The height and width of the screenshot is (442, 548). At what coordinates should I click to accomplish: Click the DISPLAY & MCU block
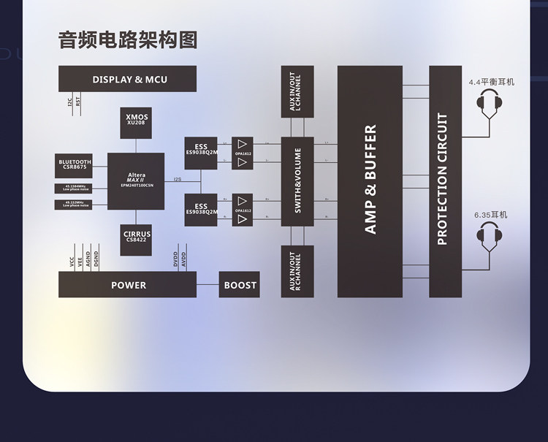pos(127,79)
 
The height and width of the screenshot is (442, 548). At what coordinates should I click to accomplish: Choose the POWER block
pos(127,285)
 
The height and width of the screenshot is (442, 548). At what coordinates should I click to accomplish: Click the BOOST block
pos(240,285)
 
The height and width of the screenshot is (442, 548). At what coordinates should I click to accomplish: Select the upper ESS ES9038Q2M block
pos(201,151)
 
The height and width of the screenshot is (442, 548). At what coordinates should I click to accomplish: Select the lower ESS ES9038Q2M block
pos(201,210)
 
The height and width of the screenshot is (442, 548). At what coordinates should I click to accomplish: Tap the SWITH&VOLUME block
pos(297,181)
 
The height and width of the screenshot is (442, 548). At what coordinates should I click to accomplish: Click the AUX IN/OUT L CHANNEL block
pos(297,92)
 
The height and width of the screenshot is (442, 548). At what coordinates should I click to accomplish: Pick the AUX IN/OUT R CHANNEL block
pos(297,271)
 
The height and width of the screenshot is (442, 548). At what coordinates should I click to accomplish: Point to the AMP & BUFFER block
pos(370,181)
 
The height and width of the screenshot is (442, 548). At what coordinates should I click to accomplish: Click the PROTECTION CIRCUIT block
pos(446,181)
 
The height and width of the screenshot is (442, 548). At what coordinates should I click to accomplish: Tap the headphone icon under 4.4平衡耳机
pos(490,107)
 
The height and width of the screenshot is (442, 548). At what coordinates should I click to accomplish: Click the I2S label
pos(178,178)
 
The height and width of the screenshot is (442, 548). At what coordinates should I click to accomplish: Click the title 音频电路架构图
pos(127,40)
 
